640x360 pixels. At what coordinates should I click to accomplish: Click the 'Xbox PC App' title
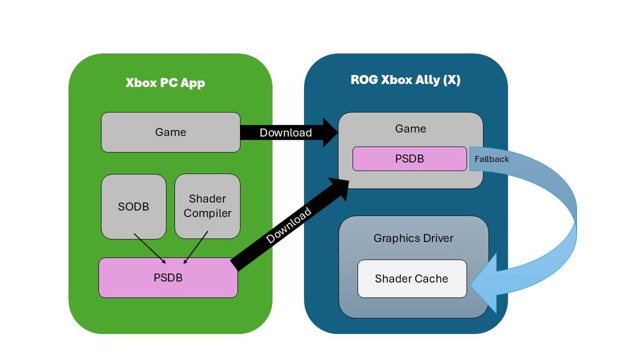[165, 83]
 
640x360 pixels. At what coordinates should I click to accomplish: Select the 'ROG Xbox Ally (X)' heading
[405, 80]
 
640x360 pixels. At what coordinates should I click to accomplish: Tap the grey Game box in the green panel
[171, 132]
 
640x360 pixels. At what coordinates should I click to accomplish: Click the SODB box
[133, 207]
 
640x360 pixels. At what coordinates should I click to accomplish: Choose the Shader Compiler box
[207, 206]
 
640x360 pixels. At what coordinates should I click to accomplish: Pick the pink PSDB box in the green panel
[168, 278]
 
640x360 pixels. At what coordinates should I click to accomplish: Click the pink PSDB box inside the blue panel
[410, 159]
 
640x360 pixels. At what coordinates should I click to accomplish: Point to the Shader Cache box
[412, 278]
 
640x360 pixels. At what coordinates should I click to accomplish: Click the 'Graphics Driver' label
[413, 238]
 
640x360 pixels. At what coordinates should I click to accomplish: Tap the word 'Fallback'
[492, 159]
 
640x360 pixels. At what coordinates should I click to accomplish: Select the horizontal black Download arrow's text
[285, 133]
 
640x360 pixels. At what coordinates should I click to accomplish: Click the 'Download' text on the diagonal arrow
[289, 226]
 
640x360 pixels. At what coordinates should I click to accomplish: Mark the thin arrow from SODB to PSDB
[150, 248]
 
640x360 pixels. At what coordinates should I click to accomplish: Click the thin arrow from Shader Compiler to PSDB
[195, 247]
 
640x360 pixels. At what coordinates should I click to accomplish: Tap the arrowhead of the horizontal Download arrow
[330, 132]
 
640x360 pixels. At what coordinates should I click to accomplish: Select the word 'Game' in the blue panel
[411, 129]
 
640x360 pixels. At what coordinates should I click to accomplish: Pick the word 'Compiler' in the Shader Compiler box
[207, 213]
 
